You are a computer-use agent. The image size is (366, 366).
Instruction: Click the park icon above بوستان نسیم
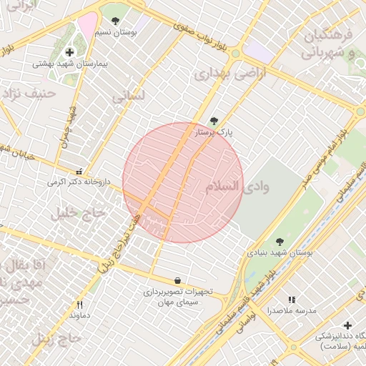click(x=115, y=21)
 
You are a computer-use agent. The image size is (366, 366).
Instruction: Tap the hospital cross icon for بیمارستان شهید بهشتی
click(x=69, y=52)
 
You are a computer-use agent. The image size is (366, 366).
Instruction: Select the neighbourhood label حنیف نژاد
click(x=29, y=93)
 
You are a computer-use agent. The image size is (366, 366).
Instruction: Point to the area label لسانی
click(x=129, y=96)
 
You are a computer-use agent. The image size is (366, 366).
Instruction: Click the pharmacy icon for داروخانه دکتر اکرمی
click(x=79, y=172)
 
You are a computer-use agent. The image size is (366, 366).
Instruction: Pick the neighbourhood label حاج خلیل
click(x=79, y=213)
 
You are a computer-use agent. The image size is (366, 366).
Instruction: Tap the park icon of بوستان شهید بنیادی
click(x=280, y=242)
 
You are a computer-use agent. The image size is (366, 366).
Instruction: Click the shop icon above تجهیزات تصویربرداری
click(x=177, y=280)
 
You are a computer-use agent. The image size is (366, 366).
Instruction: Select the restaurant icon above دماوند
click(x=79, y=304)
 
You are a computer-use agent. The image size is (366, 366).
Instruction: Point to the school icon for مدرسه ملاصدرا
click(x=291, y=300)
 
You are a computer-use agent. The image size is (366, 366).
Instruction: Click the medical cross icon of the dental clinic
click(x=347, y=325)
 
